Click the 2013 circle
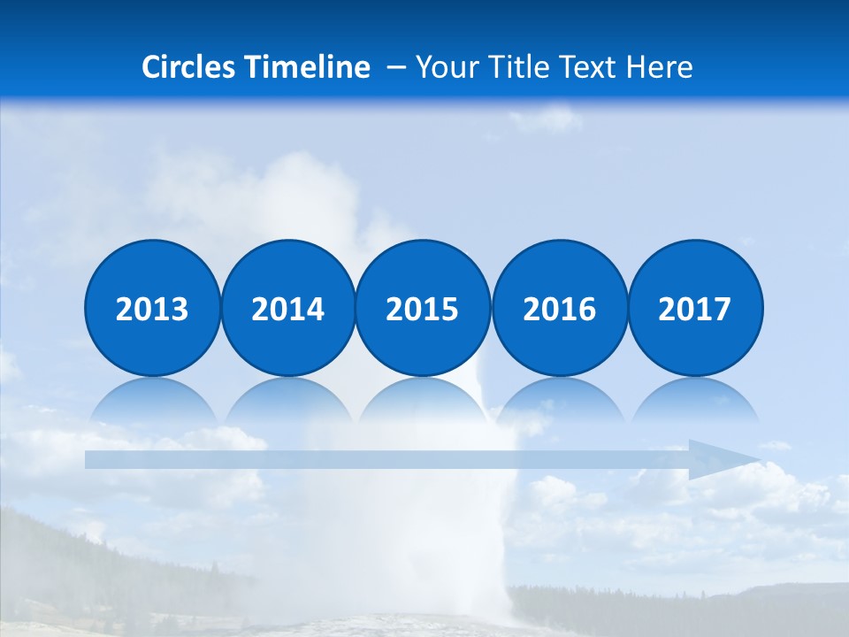pos(152,308)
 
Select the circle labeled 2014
pos(287,308)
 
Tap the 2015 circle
pos(423,308)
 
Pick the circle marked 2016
pos(559,308)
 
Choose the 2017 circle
pos(695,308)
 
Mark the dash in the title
pos(396,67)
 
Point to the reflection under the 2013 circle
pos(152,401)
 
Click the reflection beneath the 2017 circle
pos(695,401)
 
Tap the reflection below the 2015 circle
pos(423,401)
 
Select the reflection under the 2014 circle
pos(287,401)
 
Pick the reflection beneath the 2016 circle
pos(559,401)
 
